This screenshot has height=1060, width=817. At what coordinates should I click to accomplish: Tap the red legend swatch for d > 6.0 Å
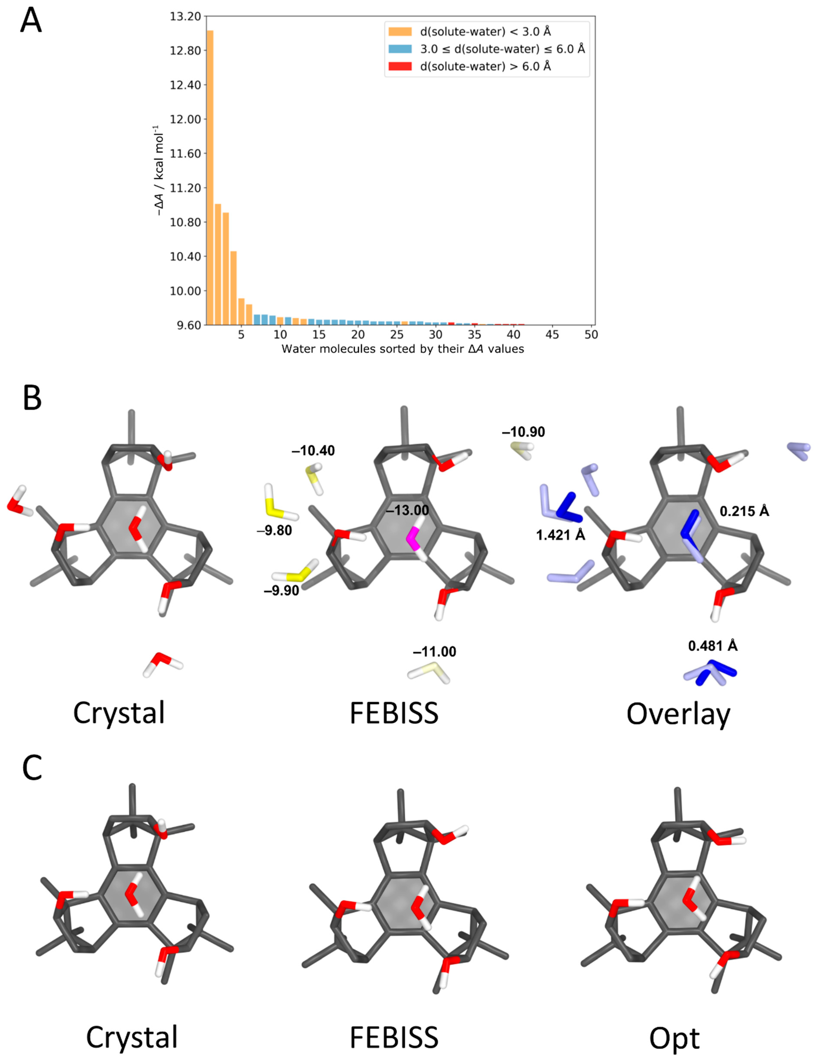(x=400, y=66)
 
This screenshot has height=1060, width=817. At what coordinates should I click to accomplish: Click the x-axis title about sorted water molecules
(x=403, y=349)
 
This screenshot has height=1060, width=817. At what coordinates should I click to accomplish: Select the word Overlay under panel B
(x=678, y=714)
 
